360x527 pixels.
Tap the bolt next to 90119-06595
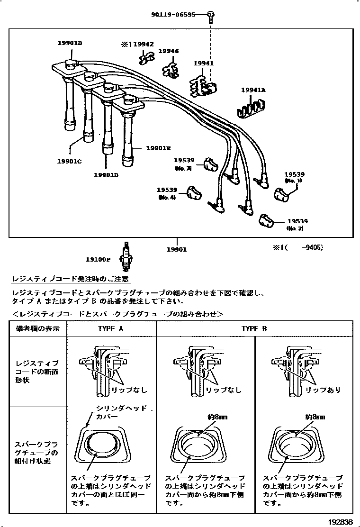pos(211,18)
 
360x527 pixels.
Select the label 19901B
pos(70,43)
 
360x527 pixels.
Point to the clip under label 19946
pos(170,70)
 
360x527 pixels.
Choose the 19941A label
pos(253,90)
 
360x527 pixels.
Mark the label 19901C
pos(70,162)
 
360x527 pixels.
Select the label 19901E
pos(158,148)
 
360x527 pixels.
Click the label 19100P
pos(98,260)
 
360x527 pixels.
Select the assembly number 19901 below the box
pos(176,249)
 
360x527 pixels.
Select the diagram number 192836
pos(340,522)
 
